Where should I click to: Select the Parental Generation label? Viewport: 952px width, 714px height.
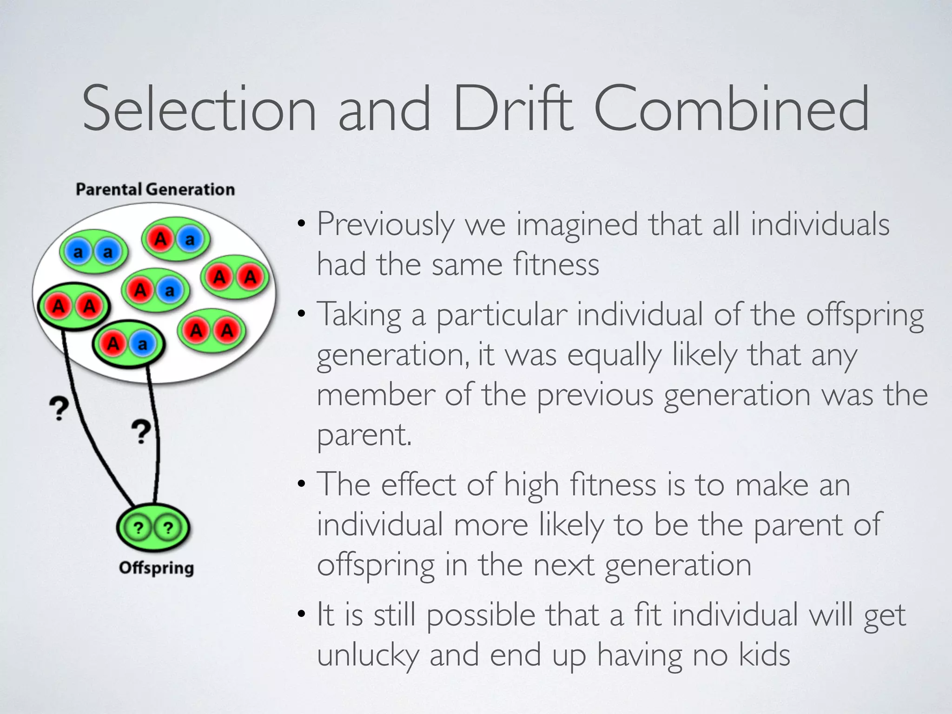155,190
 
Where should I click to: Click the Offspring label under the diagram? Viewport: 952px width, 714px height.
156,568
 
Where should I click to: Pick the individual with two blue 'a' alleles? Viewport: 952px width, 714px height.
93,252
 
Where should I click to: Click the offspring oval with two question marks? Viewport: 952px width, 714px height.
153,528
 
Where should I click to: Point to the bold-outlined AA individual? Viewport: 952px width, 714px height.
73,306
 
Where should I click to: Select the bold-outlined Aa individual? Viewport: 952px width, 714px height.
128,344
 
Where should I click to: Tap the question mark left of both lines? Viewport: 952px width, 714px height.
59,409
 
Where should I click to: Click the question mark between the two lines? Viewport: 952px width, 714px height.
141,432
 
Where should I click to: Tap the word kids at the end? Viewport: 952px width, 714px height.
764,654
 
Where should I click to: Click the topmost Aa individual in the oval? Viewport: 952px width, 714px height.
175,239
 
